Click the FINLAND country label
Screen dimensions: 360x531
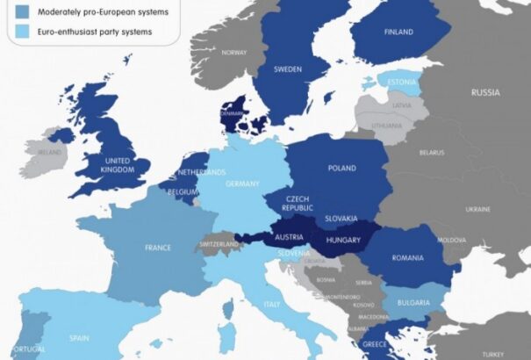click(x=398, y=32)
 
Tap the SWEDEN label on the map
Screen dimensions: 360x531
click(x=288, y=68)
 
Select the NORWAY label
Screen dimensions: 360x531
click(x=234, y=52)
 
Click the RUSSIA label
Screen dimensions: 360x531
click(x=484, y=92)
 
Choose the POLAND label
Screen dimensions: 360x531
click(x=341, y=168)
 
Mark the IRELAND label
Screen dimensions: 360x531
click(x=50, y=152)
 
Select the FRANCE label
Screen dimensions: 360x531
click(x=158, y=248)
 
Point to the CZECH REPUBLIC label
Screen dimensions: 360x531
click(x=298, y=204)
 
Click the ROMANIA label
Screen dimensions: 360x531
click(x=408, y=257)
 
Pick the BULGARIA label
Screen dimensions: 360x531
click(x=412, y=303)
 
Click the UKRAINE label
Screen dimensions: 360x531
click(x=477, y=209)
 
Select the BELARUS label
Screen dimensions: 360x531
click(x=431, y=152)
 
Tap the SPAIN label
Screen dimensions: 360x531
click(x=80, y=337)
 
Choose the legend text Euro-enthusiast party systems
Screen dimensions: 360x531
click(x=102, y=32)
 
